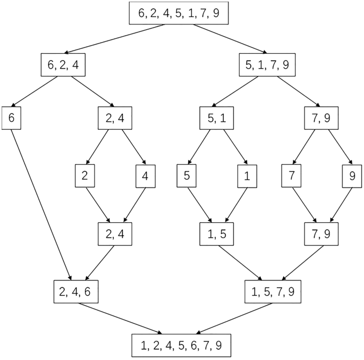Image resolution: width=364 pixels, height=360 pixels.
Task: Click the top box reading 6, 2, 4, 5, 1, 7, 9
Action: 179,13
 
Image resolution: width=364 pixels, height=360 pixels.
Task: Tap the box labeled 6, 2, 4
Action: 63,65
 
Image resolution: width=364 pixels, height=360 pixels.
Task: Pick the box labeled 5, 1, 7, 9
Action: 267,65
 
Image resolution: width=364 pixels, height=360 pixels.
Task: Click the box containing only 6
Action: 11,118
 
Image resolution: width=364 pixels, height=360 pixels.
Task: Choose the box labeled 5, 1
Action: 217,118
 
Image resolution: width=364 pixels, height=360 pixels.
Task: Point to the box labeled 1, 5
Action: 217,233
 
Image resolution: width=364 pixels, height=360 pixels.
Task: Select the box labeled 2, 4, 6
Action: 76,290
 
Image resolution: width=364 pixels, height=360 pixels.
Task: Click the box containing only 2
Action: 85,176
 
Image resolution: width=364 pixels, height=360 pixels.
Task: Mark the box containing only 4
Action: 145,176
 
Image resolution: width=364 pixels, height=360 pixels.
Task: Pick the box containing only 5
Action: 187,176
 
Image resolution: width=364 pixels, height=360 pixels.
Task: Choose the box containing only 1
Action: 247,176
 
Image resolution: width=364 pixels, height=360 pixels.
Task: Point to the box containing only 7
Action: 292,176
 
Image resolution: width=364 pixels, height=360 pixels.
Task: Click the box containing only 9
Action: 352,176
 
